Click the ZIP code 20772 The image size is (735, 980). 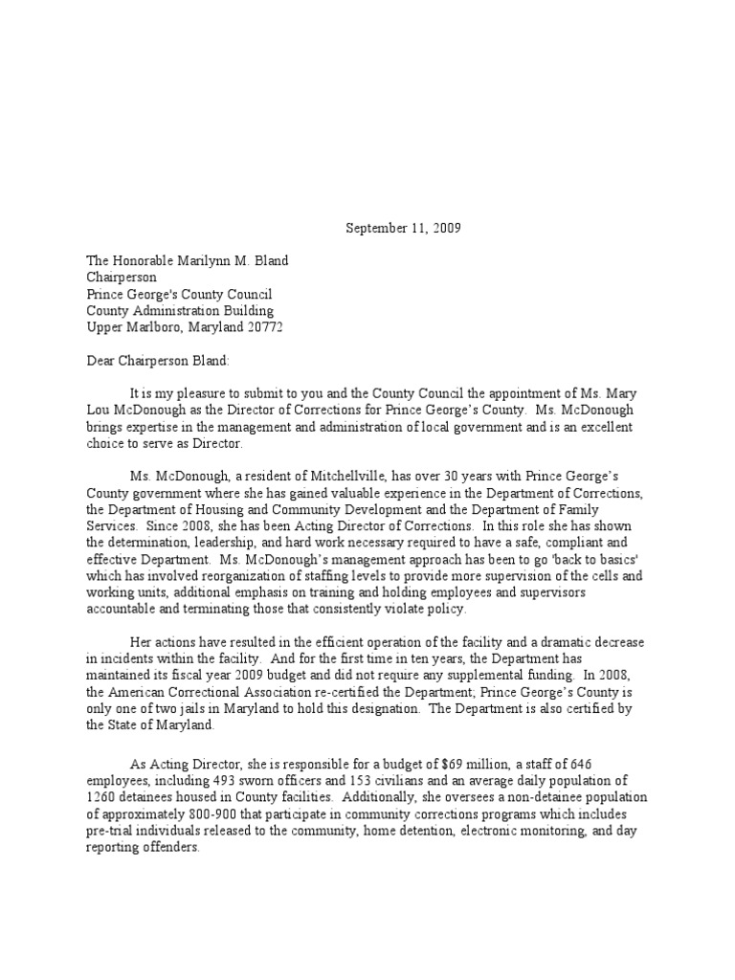tap(263, 327)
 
